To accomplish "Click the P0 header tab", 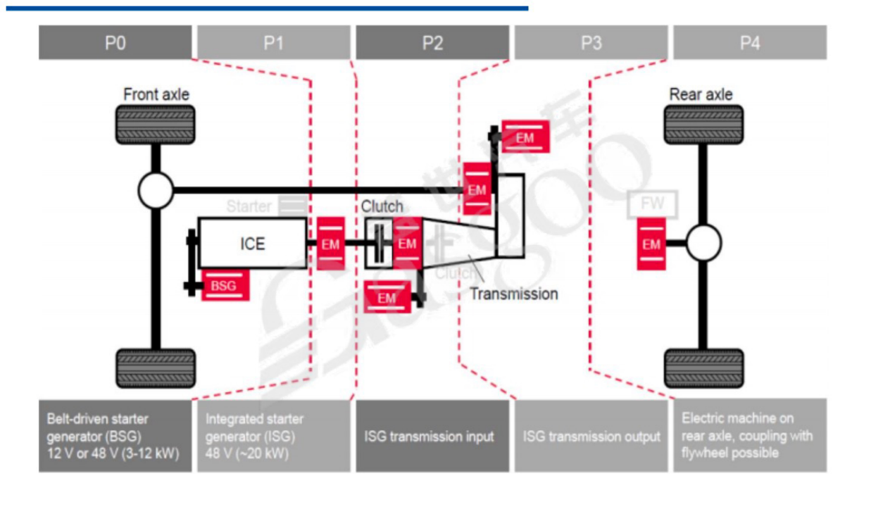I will [x=115, y=43].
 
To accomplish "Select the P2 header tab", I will [x=432, y=43].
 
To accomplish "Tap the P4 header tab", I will [x=750, y=43].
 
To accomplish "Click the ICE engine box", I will [x=252, y=244].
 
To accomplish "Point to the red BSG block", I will [x=225, y=286].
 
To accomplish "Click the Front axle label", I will [x=156, y=94].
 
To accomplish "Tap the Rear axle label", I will [x=701, y=94].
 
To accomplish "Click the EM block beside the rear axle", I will [x=651, y=244].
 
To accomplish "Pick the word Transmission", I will [x=513, y=294].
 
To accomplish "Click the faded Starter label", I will [x=249, y=206].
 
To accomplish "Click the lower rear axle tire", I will [x=703, y=368].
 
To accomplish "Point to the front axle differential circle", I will [x=156, y=190].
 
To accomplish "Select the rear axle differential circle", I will [x=703, y=244].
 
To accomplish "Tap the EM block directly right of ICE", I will [x=330, y=244].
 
